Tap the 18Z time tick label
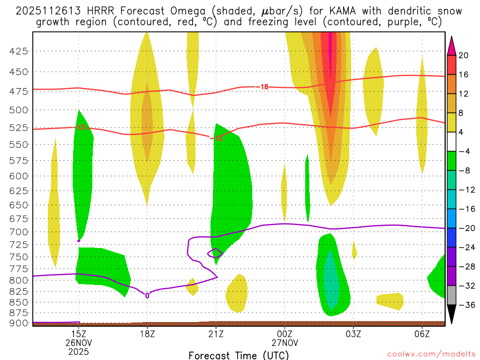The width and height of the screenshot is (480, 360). pyautogui.click(x=147, y=334)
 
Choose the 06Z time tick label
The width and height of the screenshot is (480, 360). pyautogui.click(x=422, y=334)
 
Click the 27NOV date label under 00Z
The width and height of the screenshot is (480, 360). pyautogui.click(x=285, y=343)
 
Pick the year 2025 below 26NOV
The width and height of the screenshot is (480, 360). pyautogui.click(x=78, y=351)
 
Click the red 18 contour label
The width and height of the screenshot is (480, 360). pyautogui.click(x=264, y=87)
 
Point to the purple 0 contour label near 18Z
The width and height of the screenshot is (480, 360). pyautogui.click(x=147, y=296)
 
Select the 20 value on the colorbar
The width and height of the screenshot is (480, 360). pyautogui.click(x=464, y=55)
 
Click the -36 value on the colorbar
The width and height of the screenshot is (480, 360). pyautogui.click(x=464, y=305)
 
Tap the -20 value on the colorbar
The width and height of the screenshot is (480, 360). pyautogui.click(x=464, y=228)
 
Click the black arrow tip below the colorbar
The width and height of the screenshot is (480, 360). pyautogui.click(x=451, y=322)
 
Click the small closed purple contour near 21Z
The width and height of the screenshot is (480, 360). pyautogui.click(x=215, y=253)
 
